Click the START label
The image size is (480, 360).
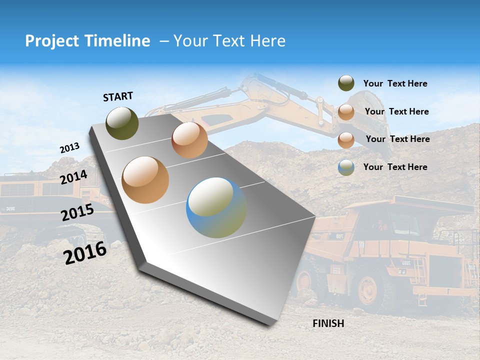(118, 96)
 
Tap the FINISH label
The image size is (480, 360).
(328, 323)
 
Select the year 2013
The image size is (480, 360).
(69, 148)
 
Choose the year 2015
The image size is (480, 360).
(77, 212)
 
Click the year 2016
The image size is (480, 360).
(85, 252)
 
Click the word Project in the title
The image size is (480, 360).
(52, 41)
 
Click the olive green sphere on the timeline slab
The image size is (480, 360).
(122, 123)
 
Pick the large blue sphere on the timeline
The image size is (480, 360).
(216, 207)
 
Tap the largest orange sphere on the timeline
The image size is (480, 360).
(145, 180)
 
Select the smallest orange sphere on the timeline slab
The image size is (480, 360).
(189, 140)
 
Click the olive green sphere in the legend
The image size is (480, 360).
(346, 83)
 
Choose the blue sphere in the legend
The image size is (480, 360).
(346, 167)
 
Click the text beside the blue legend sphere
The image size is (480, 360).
(395, 167)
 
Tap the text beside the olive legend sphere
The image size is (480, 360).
(395, 83)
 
